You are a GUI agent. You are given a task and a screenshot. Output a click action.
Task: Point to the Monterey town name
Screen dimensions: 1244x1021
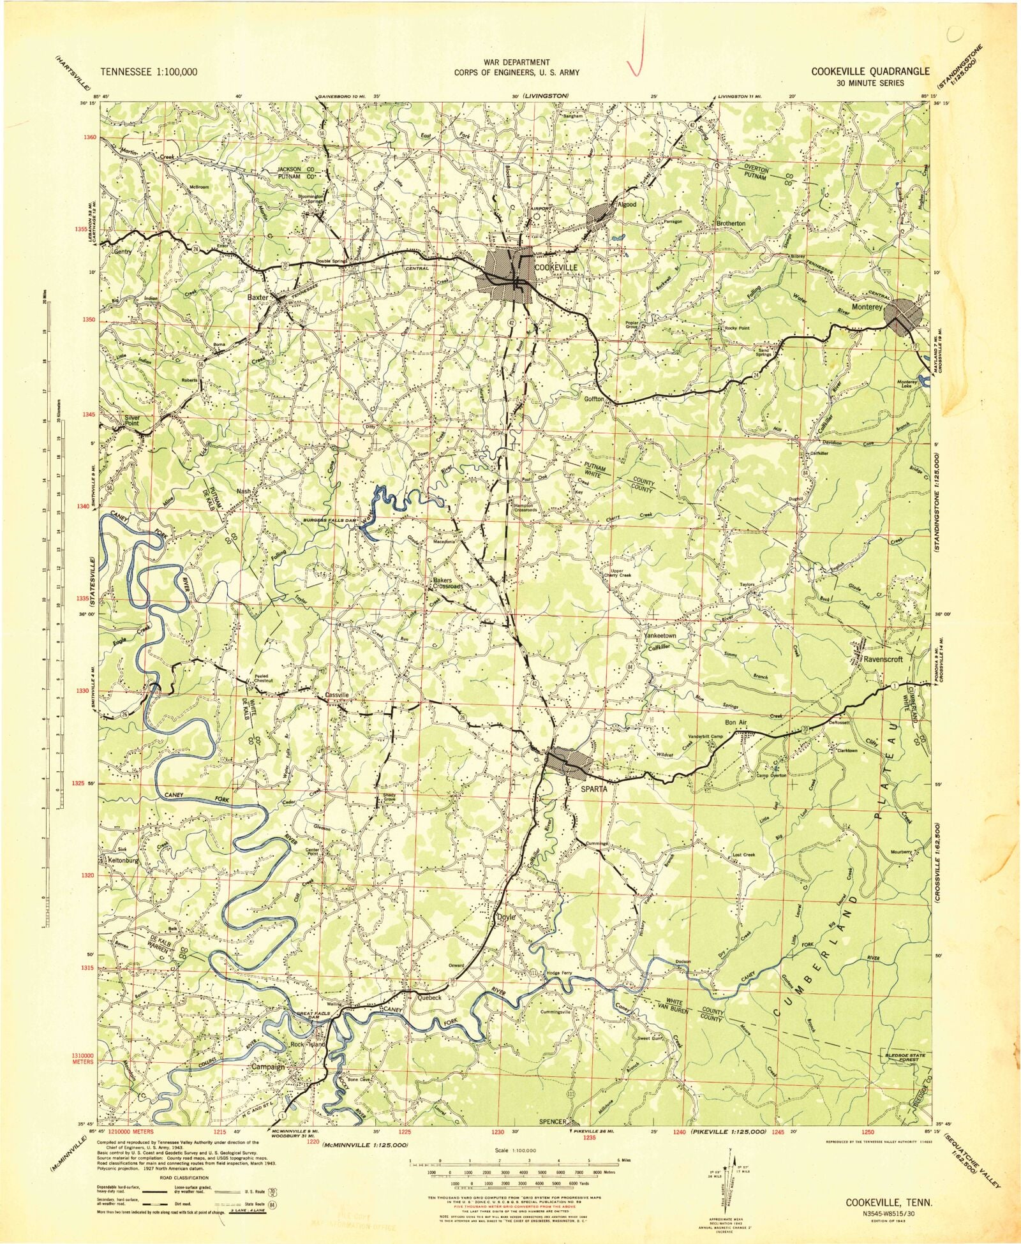[x=866, y=307]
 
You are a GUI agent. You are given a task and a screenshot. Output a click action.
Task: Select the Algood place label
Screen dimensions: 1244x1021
[x=627, y=205]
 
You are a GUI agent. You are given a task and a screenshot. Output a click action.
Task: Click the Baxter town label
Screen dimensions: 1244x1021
[x=258, y=297]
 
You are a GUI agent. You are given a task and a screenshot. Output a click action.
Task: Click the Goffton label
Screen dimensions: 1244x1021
[x=594, y=399]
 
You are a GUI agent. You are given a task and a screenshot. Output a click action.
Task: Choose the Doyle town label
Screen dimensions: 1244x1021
[x=506, y=917]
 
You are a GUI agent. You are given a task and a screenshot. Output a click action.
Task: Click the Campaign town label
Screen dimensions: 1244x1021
[x=267, y=1067]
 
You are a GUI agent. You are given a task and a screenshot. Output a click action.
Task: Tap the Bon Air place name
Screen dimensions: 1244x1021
[x=735, y=722]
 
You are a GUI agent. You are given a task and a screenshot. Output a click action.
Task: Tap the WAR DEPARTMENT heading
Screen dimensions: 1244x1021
[x=517, y=62]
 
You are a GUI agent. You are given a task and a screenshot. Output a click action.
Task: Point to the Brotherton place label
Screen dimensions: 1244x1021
[x=731, y=224]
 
